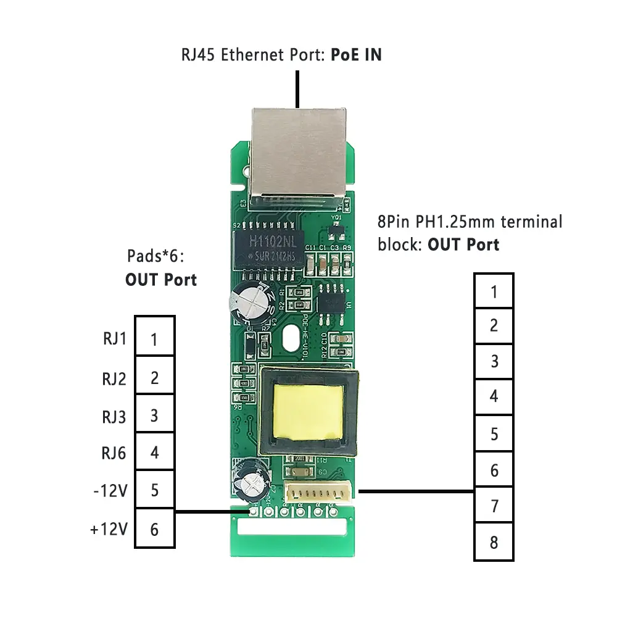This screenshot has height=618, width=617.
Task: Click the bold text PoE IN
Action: pos(356,54)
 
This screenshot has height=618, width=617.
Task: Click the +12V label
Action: pos(109,529)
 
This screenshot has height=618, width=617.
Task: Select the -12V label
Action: pos(110,491)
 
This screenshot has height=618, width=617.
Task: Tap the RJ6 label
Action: pos(114,453)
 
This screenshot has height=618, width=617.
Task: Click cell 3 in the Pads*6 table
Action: pos(154,415)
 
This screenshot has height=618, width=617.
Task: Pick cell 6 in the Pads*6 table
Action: pos(154,529)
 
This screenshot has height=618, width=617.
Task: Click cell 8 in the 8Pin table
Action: pos(494,542)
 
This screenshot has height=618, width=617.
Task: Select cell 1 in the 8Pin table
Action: pos(494,291)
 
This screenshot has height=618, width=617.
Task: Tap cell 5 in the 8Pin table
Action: pos(494,434)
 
